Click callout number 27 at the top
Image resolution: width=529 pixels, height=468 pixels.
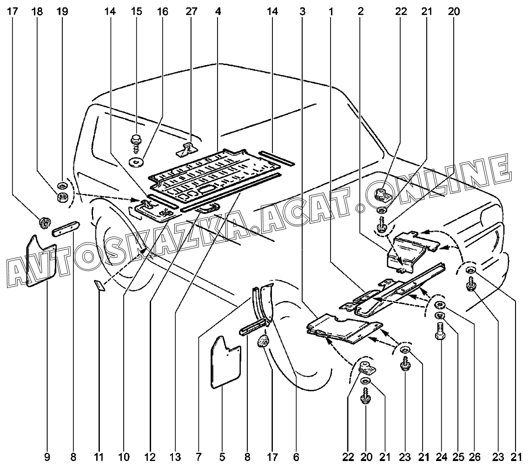192,12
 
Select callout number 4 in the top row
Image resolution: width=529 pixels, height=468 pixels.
218,12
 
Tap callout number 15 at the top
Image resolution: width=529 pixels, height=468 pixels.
136,12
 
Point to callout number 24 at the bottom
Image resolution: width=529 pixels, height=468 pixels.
441,457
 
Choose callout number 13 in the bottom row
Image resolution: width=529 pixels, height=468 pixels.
175,457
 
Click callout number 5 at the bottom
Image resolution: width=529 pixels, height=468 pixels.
222,457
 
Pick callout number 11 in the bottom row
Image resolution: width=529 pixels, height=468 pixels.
99,457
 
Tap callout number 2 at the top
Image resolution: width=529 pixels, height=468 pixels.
361,12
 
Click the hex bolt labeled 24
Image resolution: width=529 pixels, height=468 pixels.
441,332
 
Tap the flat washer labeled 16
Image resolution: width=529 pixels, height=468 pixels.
136,161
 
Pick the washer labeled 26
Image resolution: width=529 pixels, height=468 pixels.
440,305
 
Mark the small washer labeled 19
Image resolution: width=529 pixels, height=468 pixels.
62,185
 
